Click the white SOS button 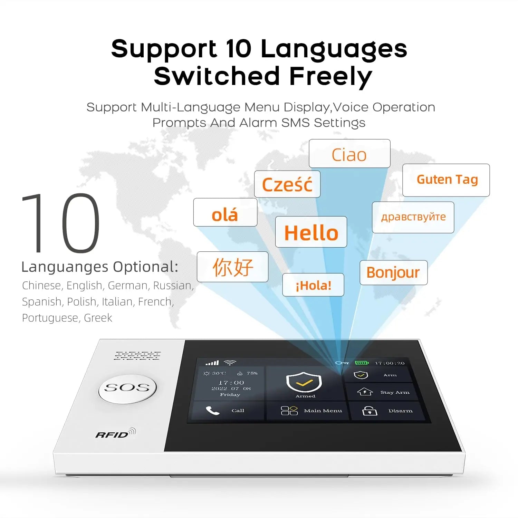tap(127, 389)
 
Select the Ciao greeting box tap(349, 154)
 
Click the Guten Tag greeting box tap(446, 180)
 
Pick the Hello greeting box tap(311, 232)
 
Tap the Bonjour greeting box tap(394, 272)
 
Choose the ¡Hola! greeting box tap(313, 285)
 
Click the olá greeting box tap(225, 212)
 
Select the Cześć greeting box tap(287, 184)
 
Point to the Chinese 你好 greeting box tap(232, 267)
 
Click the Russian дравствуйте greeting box tap(413, 218)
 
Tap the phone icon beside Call tap(212, 410)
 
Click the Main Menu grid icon tap(289, 411)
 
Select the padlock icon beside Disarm tap(370, 411)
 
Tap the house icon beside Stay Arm tap(365, 392)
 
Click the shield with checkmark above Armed tap(304, 382)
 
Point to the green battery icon tap(362, 363)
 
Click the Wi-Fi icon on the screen tap(230, 363)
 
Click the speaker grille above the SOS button tap(137, 356)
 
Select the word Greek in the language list tap(98, 318)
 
